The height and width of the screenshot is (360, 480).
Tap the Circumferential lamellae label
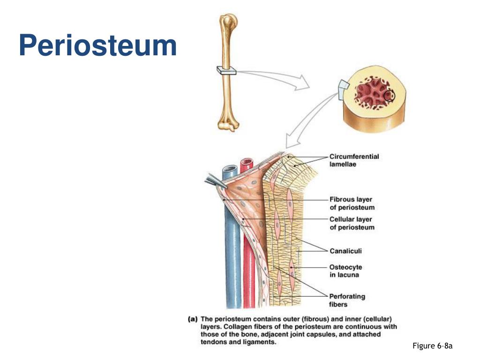(x=354, y=160)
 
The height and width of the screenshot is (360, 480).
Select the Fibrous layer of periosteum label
(x=352, y=203)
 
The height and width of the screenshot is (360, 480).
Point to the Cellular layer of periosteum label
(x=352, y=223)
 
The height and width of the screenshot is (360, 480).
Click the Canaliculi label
(x=345, y=251)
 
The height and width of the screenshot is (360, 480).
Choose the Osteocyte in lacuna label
(x=345, y=271)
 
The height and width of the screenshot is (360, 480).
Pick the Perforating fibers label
(x=347, y=300)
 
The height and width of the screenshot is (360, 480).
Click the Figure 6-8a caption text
(x=432, y=346)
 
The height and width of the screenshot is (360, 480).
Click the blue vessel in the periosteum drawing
(x=230, y=244)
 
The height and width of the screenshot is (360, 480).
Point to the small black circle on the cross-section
(x=390, y=96)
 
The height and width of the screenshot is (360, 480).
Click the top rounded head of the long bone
(x=230, y=21)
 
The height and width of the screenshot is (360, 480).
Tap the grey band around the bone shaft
(x=226, y=70)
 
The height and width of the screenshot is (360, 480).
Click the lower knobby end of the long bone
(x=228, y=124)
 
